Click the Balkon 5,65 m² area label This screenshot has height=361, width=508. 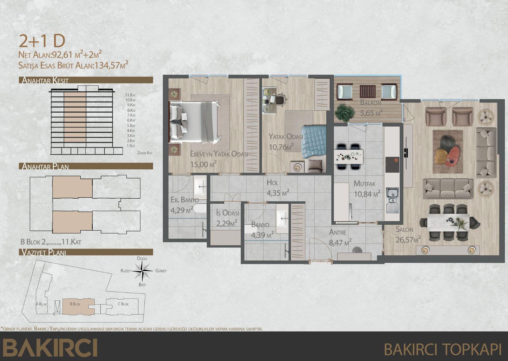click(371, 112)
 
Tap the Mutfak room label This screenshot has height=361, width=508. click(364, 184)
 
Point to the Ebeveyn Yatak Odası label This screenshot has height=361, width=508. click(219, 154)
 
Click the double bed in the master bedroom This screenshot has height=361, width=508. click(194, 121)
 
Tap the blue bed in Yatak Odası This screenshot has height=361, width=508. click(314, 141)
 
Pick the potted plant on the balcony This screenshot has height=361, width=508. click(344, 113)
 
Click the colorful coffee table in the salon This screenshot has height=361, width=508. click(447, 152)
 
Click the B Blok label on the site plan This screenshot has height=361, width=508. click(75, 304)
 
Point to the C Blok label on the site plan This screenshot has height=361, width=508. click(123, 304)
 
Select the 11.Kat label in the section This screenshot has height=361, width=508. click(130, 95)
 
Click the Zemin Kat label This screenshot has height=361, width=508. click(145, 153)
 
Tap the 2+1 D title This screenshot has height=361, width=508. click(42, 41)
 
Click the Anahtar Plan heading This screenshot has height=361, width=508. click(45, 166)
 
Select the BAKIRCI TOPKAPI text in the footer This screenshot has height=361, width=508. click(443, 349)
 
